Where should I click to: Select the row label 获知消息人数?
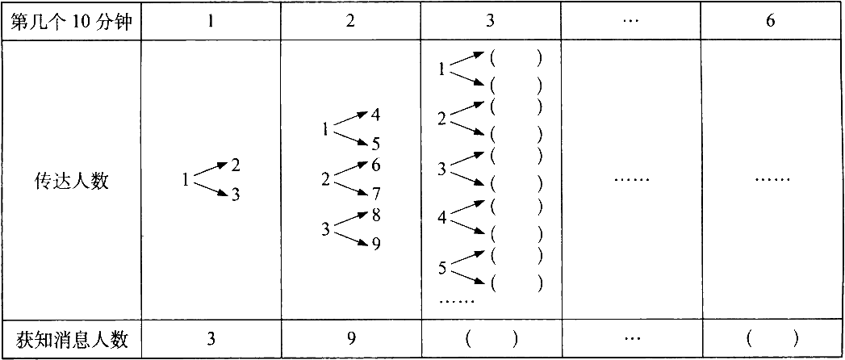pyautogui.click(x=70, y=340)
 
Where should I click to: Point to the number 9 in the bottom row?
pyautogui.click(x=350, y=340)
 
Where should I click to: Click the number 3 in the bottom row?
pyautogui.click(x=211, y=340)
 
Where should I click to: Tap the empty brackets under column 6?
pyautogui.click(x=772, y=340)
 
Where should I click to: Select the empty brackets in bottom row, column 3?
pyautogui.click(x=492, y=340)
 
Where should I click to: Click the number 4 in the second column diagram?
pyautogui.click(x=375, y=115)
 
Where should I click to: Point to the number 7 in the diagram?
pyautogui.click(x=375, y=193)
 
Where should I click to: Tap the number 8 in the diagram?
pyautogui.click(x=375, y=216)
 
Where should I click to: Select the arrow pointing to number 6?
pyautogui.click(x=350, y=169)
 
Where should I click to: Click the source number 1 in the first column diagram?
pyautogui.click(x=186, y=180)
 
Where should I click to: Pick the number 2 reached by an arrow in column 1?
pyautogui.click(x=236, y=165)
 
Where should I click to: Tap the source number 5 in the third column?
pyautogui.click(x=442, y=268)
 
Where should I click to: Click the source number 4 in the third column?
pyautogui.click(x=442, y=218)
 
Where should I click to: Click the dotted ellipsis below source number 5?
pyautogui.click(x=457, y=301)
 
